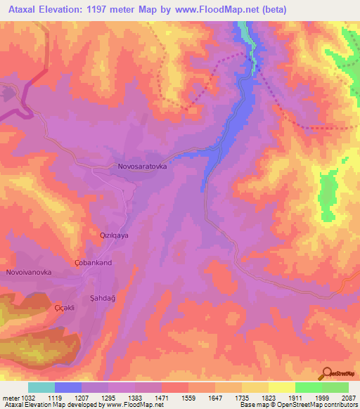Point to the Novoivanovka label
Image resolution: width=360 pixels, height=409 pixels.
tap(28, 272)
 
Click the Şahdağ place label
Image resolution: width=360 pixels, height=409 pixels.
tap(102, 298)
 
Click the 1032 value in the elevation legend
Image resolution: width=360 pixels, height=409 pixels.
tap(28, 398)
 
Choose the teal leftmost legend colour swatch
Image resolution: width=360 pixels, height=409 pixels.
tap(41, 387)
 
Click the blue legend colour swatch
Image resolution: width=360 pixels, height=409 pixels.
tap(68, 387)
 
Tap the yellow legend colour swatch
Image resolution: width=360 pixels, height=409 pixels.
tap(281, 387)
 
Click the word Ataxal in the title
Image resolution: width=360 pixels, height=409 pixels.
tap(19, 9)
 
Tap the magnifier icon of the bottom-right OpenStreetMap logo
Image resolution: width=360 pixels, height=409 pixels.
tap(326, 373)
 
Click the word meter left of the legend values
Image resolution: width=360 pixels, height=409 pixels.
tap(10, 398)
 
